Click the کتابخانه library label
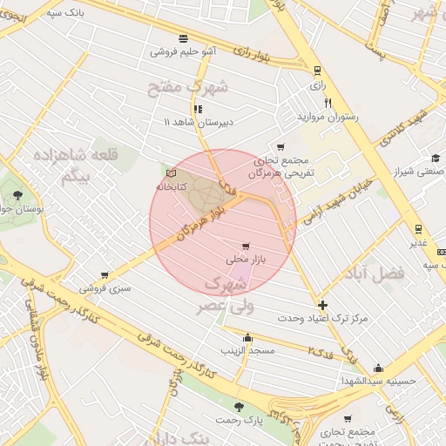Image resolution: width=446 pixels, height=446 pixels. (172, 187)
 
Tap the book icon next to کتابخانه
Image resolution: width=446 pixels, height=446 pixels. (171, 174)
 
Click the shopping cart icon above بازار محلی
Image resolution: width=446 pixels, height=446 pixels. (247, 246)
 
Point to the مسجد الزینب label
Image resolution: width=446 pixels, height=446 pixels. (248, 350)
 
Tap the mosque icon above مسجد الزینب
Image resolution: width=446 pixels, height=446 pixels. (248, 338)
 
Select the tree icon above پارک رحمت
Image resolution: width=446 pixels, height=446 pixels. (239, 408)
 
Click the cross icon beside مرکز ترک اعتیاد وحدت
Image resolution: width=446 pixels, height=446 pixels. (323, 305)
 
